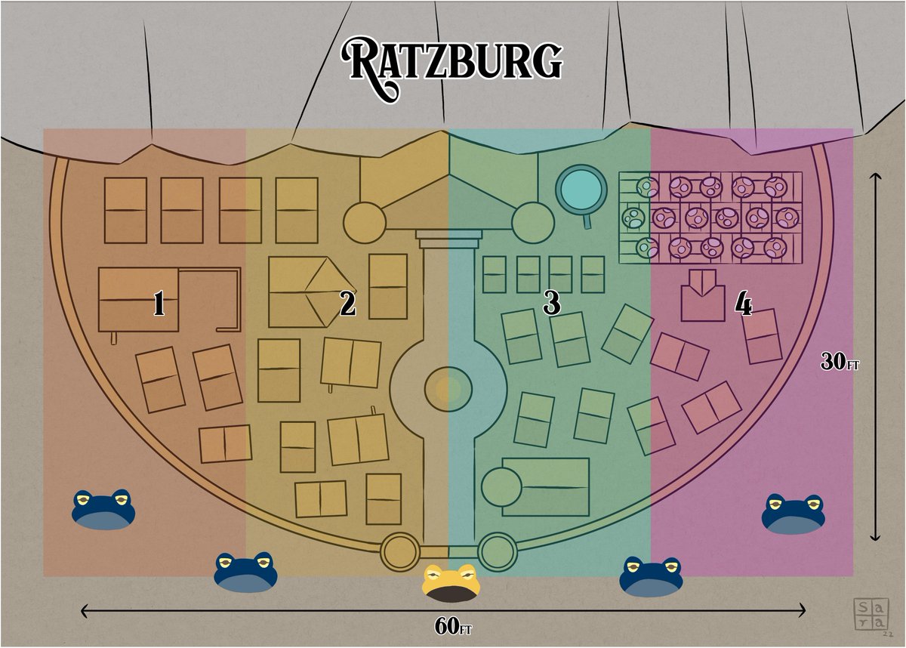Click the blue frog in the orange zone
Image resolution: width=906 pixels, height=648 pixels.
tap(103, 509)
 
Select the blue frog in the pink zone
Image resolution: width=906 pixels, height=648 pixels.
tap(793, 514)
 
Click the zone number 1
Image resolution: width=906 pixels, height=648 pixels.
tap(159, 304)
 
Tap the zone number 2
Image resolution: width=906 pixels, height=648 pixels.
tap(347, 304)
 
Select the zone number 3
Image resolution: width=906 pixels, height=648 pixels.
tap(552, 304)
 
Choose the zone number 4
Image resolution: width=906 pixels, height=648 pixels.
tap(744, 304)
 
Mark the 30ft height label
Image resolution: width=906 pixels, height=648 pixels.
tap(840, 363)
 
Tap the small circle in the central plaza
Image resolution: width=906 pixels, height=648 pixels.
tap(448, 388)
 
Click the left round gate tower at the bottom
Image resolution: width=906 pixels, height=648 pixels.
tap(399, 552)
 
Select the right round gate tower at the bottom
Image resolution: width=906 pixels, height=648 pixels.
tap(497, 552)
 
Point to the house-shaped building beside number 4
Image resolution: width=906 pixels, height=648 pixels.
tap(702, 296)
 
